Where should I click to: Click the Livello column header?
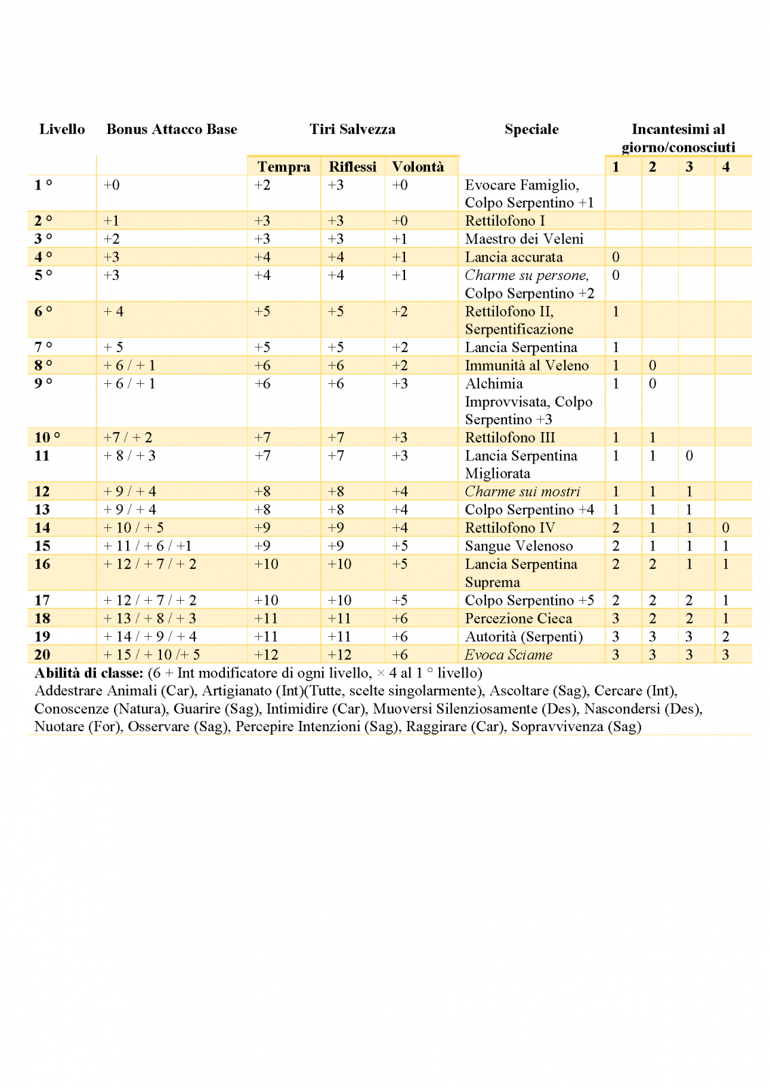pyautogui.click(x=62, y=129)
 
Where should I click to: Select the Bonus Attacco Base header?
pyautogui.click(x=171, y=129)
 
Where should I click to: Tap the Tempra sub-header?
pyautogui.click(x=283, y=166)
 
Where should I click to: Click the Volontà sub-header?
pyautogui.click(x=417, y=166)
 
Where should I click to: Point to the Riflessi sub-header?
pyautogui.click(x=352, y=166)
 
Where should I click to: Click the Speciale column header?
pyautogui.click(x=531, y=129)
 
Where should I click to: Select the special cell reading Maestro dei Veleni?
pyautogui.click(x=524, y=239)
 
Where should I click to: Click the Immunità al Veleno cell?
pyautogui.click(x=527, y=365)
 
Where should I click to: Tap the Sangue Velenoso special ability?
pyautogui.click(x=519, y=546)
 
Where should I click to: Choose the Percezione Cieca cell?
pyautogui.click(x=519, y=618)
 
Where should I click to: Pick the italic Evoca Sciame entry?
pyautogui.click(x=508, y=654)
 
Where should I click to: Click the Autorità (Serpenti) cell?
pyautogui.click(x=524, y=636)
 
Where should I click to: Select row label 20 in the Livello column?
pyautogui.click(x=42, y=654)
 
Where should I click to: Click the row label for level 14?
pyautogui.click(x=42, y=527)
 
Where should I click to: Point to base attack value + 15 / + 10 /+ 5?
pyautogui.click(x=152, y=654)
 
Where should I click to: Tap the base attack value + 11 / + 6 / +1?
pyautogui.click(x=147, y=546)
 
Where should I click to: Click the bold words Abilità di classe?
pyautogui.click(x=88, y=673)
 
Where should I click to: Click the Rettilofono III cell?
pyautogui.click(x=510, y=437)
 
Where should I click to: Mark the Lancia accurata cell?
pyautogui.click(x=514, y=257)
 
